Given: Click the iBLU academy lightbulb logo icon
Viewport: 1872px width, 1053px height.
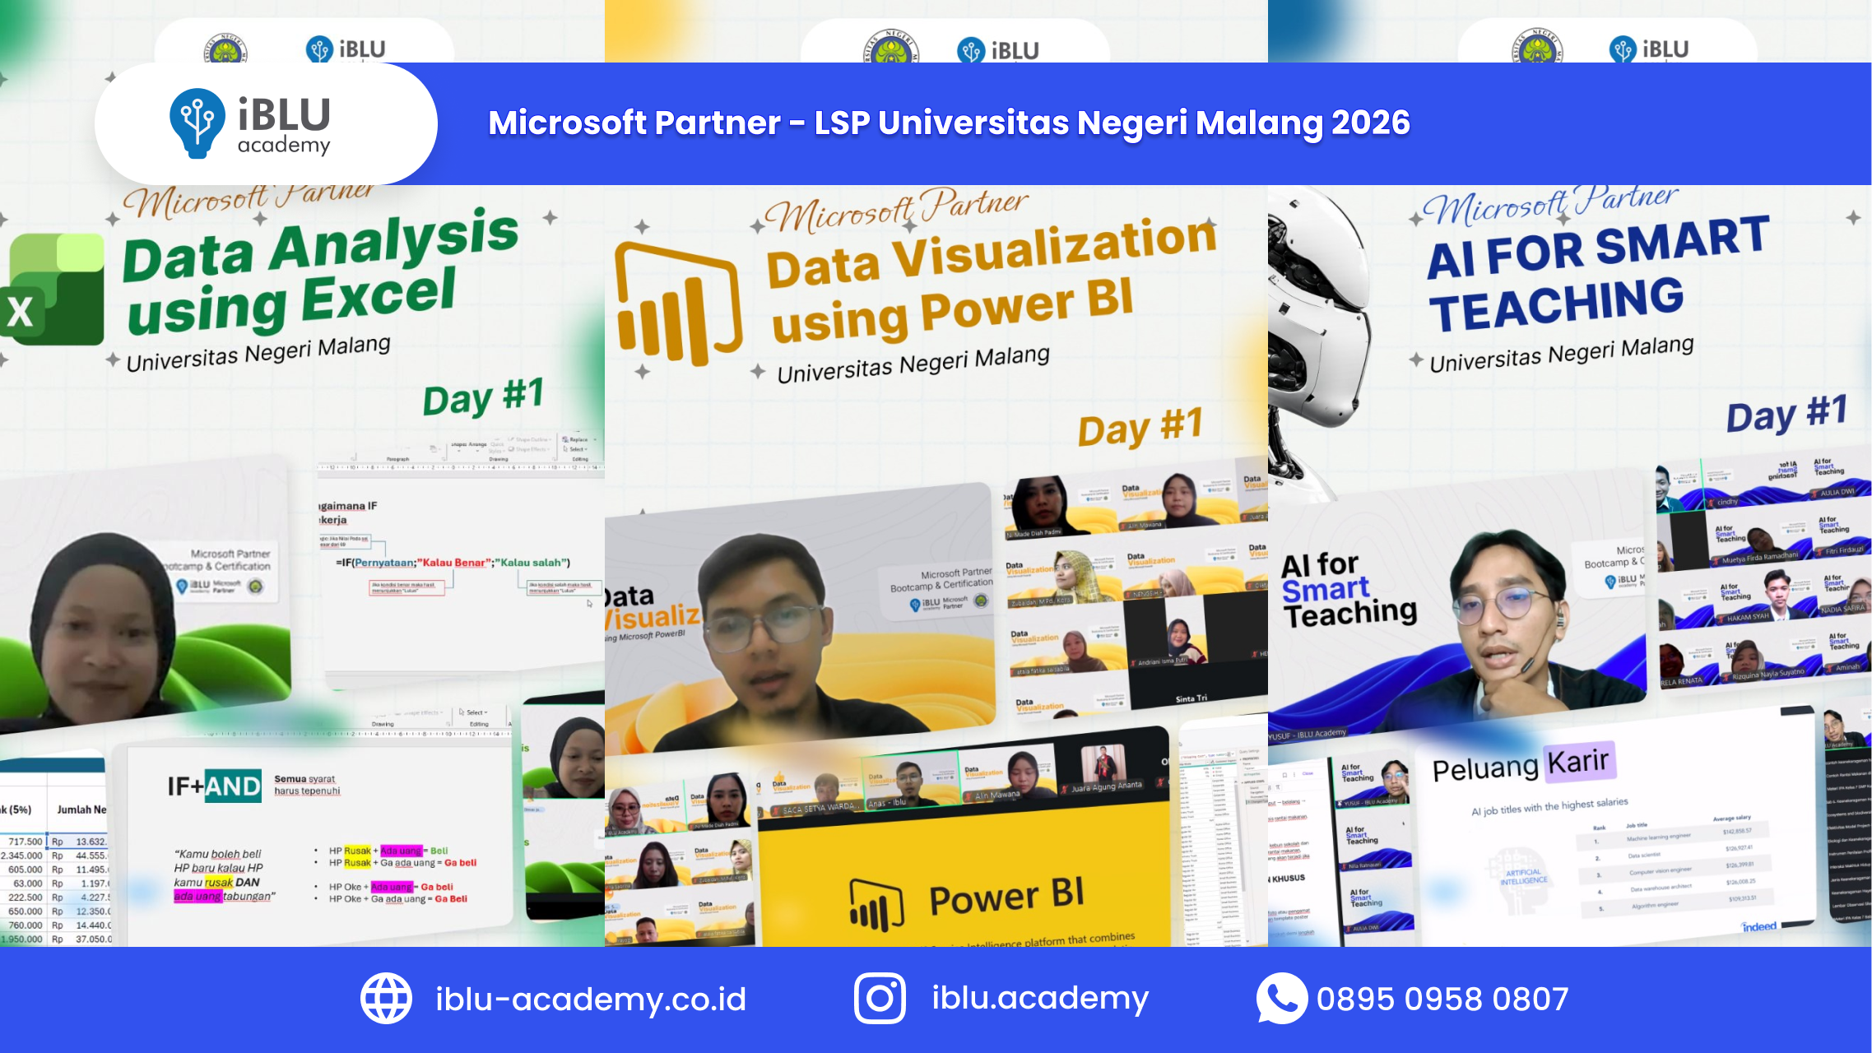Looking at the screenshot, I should click(197, 123).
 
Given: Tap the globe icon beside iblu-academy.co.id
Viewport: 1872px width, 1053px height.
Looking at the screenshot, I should click(386, 998).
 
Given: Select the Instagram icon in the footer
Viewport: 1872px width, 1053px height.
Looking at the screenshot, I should click(880, 998).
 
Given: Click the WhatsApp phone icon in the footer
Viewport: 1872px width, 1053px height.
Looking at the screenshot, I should click(1280, 998).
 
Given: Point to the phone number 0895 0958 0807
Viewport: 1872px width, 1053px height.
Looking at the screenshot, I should click(1442, 999).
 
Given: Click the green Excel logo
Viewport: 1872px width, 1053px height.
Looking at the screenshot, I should click(53, 290).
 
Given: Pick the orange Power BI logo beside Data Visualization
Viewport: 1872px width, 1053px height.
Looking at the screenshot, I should click(678, 304).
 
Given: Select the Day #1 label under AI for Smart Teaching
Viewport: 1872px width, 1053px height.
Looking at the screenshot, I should click(1786, 414).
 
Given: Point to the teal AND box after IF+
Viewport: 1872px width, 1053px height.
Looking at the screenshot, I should click(233, 786).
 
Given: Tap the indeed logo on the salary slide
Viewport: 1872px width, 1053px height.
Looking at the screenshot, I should click(1759, 926).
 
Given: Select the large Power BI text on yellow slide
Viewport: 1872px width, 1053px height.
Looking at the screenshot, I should click(1006, 897).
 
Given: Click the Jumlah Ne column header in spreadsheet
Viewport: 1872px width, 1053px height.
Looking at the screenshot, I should click(81, 809).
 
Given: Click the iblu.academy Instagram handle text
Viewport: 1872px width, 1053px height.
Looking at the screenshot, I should click(1040, 998).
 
